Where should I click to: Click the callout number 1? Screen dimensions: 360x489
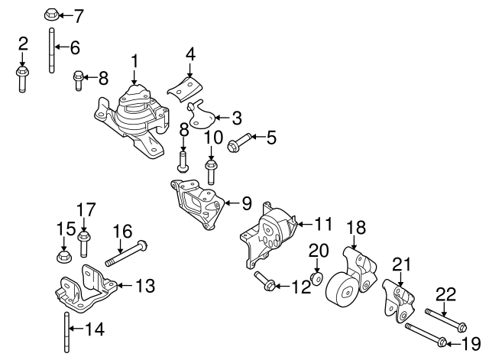click(x=134, y=60)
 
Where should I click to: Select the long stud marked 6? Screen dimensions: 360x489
click(x=50, y=50)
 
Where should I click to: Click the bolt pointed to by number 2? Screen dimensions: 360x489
click(x=22, y=79)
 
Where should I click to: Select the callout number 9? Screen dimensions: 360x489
click(x=246, y=203)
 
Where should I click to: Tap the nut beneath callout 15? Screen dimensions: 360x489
click(x=64, y=252)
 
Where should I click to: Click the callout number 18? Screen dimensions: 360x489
click(x=357, y=226)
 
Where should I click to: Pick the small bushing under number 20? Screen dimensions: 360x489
click(x=316, y=276)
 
